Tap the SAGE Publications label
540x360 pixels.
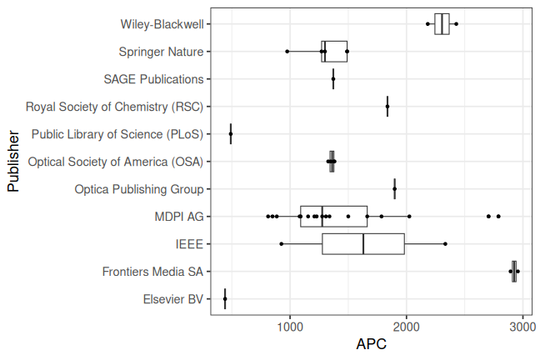(x=154, y=79)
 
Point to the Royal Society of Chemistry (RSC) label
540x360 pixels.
(x=115, y=107)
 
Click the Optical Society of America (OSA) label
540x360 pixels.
(x=116, y=162)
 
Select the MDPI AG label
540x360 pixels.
(x=178, y=217)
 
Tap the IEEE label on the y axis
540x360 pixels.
(x=190, y=244)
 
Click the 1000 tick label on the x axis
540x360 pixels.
(x=290, y=326)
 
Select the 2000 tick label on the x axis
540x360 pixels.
(x=407, y=326)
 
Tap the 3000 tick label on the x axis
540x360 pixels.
(x=522, y=326)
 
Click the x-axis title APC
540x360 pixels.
(x=371, y=344)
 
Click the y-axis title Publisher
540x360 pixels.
(x=13, y=162)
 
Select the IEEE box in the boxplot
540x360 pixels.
(x=363, y=244)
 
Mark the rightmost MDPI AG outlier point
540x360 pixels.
(x=498, y=217)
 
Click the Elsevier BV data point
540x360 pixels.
(x=225, y=299)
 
